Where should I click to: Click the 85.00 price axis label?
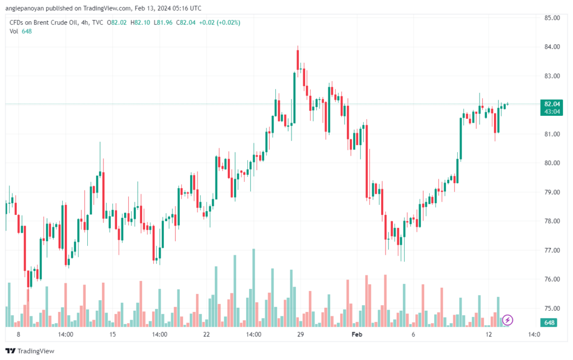point(552,18)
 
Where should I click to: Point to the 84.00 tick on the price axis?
point(552,47)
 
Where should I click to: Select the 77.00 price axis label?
point(552,250)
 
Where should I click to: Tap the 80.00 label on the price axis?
point(552,163)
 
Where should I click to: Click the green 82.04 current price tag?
point(552,104)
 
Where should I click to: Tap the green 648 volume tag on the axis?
point(549,322)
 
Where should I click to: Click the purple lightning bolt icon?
point(507,320)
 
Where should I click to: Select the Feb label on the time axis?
point(356,334)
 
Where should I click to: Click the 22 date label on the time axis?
point(206,334)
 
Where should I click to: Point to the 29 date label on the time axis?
point(300,334)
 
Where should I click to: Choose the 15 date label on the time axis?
point(112,334)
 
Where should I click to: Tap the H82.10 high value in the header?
point(140,22)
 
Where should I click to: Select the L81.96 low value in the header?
point(163,22)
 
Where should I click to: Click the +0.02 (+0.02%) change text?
point(219,22)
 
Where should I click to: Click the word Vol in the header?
point(13,31)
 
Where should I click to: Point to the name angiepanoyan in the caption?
point(25,8)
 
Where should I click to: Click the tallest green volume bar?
point(253,288)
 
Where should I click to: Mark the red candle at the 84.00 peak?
point(298,59)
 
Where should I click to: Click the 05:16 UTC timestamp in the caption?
point(188,8)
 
